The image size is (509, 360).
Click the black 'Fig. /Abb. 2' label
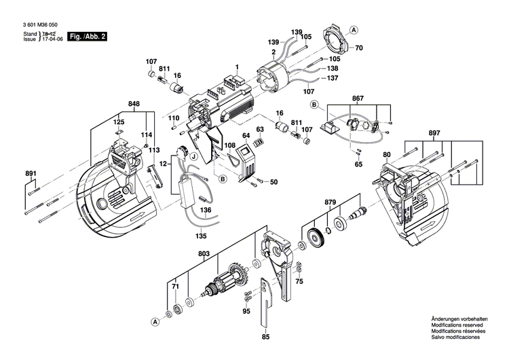click(86, 36)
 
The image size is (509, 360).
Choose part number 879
click(331, 202)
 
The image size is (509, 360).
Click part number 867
click(358, 98)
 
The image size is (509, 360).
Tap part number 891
click(30, 173)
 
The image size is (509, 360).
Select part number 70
click(360, 48)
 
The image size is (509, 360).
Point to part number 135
click(200, 236)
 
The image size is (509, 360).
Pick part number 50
click(274, 182)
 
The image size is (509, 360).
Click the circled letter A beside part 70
click(354, 30)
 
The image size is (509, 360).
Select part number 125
click(119, 123)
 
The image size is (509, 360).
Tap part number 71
click(174, 288)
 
